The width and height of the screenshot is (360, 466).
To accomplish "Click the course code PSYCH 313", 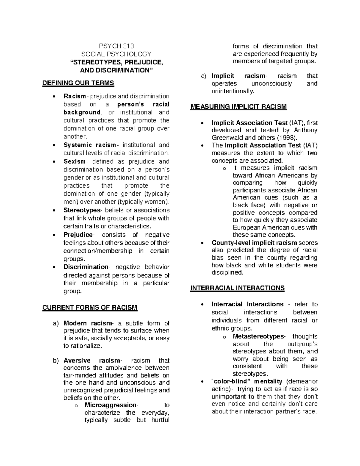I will point(116,46).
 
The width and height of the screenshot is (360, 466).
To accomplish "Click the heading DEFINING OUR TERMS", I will point(78,83).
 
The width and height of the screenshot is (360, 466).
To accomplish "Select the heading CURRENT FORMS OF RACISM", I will point(90,308).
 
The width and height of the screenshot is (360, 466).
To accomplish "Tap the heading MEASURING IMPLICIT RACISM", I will point(238,107).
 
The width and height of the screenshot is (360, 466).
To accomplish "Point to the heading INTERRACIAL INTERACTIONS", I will point(237,288).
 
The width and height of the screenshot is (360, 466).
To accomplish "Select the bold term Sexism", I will point(74,161).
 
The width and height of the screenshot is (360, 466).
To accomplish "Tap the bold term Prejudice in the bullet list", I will point(78,235).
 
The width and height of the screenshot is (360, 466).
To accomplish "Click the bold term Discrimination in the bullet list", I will point(85,267).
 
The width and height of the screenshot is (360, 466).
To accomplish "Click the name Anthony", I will point(305,130).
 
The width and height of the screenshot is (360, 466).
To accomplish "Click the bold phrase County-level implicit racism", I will point(254,243).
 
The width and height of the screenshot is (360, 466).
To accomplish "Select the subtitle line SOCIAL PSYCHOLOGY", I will point(116,54).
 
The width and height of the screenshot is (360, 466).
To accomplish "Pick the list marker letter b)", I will point(56,361).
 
